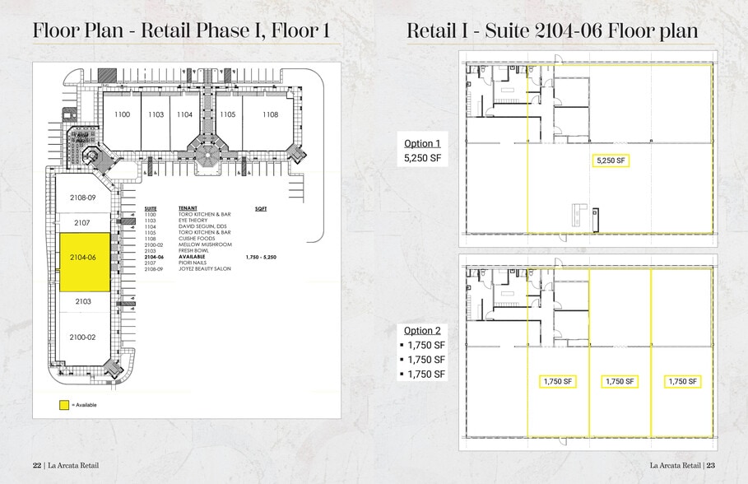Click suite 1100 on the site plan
click(122, 114)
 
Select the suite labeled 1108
click(270, 114)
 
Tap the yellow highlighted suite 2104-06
click(81, 258)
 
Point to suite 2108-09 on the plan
click(81, 198)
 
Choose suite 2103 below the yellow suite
click(81, 302)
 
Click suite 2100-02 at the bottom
click(81, 337)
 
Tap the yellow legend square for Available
click(63, 405)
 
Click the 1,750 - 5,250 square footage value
click(262, 257)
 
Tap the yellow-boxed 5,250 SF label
click(611, 161)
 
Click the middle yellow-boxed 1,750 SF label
click(620, 381)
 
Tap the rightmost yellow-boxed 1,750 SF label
click(681, 381)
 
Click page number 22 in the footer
click(37, 465)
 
